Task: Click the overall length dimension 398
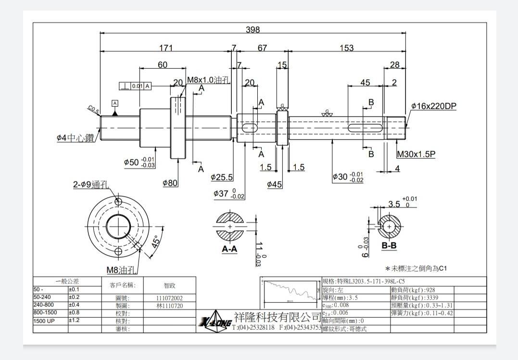tap(253, 30)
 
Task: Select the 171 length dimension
tap(166, 48)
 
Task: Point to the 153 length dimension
tap(346, 48)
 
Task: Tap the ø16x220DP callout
tap(433, 106)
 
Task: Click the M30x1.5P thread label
tap(416, 155)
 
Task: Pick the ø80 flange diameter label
tap(171, 183)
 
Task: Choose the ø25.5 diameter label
tap(222, 177)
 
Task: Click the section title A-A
tap(229, 249)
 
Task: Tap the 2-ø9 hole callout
tap(91, 185)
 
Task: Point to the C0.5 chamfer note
tap(93, 110)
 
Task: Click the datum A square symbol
tap(114, 103)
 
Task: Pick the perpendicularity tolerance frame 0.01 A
tap(135, 86)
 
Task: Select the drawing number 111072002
tap(169, 298)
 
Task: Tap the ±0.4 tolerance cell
tap(74, 305)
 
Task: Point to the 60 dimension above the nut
tap(163, 65)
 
